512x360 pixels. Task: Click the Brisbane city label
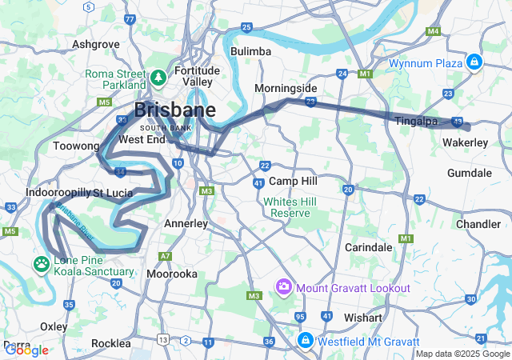point(174,110)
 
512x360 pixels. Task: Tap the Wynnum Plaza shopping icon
point(474,62)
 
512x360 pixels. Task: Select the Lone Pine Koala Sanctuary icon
point(41,263)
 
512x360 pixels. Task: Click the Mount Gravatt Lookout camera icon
point(284,287)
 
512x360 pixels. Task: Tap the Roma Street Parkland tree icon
point(158,78)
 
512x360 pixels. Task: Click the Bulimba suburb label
point(250,51)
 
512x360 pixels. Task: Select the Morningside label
point(286,88)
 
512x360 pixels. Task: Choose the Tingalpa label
point(415,121)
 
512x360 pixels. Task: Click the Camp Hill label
point(294,182)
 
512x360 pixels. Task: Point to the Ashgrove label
point(95,44)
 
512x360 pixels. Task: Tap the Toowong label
point(75,146)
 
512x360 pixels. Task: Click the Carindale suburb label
point(368,247)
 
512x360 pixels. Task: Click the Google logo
point(26,350)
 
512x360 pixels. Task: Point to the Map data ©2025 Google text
point(462,354)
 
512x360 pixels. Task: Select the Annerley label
point(186,224)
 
